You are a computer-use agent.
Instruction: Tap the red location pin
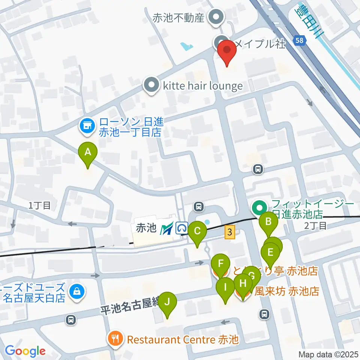(227, 52)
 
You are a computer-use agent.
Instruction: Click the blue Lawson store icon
(87, 126)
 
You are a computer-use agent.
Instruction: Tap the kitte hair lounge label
(202, 86)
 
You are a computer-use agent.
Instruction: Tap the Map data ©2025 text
(328, 354)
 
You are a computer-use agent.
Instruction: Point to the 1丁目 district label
(40, 205)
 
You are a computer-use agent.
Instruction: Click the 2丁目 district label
(316, 225)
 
